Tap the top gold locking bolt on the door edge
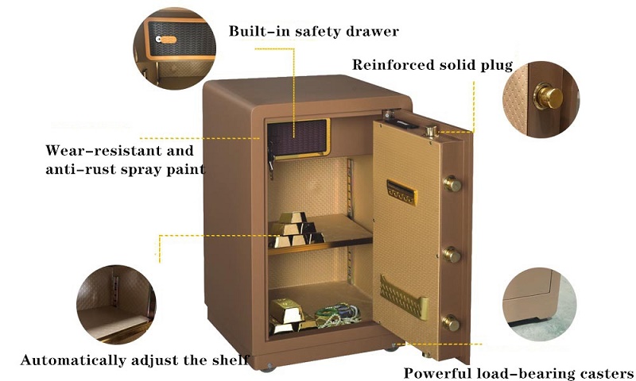click(x=452, y=184)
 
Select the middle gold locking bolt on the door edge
click(x=451, y=255)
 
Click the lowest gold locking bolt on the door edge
click(x=450, y=323)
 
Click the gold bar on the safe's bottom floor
click(x=287, y=311)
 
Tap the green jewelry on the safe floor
click(x=337, y=315)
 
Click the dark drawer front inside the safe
click(x=297, y=137)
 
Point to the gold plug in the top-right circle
click(x=549, y=97)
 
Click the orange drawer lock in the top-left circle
click(x=167, y=39)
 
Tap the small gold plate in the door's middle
click(x=401, y=192)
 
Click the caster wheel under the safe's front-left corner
click(x=268, y=368)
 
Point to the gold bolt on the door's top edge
click(x=431, y=132)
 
